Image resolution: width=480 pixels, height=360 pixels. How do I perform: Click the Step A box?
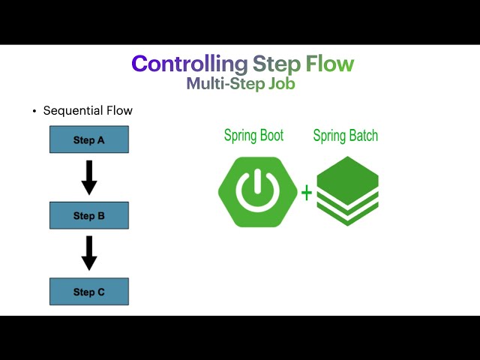coord(89,139)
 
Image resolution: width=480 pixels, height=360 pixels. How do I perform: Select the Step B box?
coord(89,215)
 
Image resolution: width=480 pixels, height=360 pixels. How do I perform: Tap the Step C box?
coord(89,291)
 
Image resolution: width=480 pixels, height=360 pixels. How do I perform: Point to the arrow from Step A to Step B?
coord(89,177)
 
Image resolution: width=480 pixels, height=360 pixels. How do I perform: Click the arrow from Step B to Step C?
coord(89,253)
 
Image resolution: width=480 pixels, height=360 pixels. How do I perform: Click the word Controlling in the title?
coord(189,64)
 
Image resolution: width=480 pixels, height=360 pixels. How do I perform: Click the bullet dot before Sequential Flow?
coord(34,112)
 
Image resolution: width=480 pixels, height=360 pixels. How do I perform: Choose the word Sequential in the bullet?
coord(73,111)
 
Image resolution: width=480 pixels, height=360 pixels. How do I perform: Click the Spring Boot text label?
coord(253,136)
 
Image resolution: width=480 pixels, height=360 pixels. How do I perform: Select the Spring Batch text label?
coord(345,136)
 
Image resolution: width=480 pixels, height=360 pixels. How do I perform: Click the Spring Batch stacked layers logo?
coord(347,191)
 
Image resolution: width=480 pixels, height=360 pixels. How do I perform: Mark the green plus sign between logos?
coord(306,193)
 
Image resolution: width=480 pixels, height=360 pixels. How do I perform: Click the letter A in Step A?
coord(100,140)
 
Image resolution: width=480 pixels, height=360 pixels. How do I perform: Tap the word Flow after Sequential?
coord(118,111)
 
